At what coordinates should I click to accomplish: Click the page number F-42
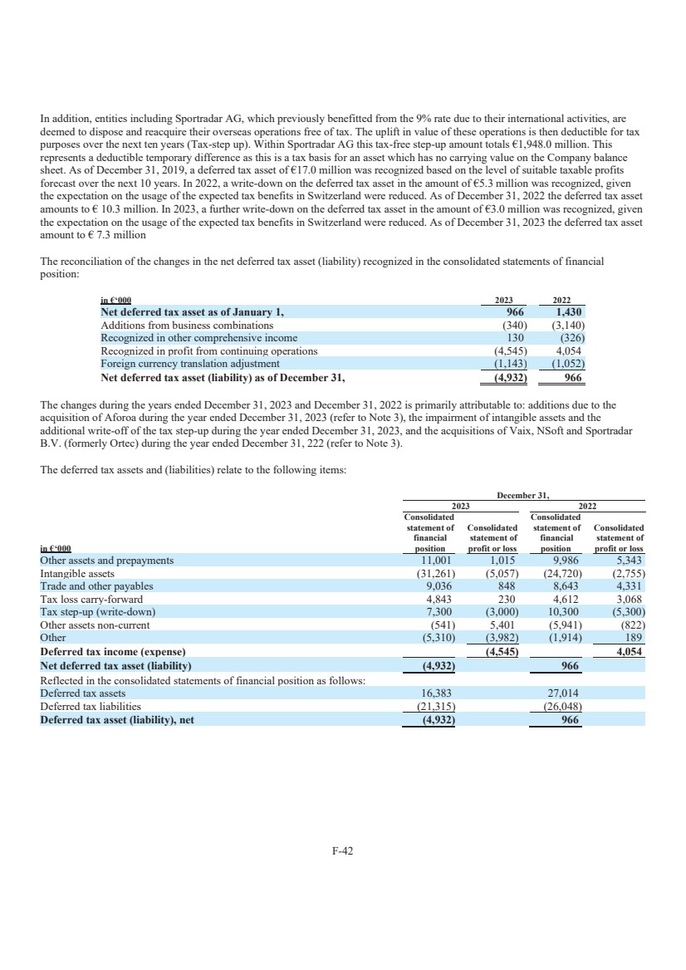(342, 850)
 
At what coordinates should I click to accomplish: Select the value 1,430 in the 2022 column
(571, 312)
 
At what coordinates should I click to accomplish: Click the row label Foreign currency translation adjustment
(190, 363)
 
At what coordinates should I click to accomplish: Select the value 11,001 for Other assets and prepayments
(433, 561)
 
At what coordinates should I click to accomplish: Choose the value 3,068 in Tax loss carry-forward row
(628, 599)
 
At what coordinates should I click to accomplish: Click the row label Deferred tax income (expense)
(112, 652)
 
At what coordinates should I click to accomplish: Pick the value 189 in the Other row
(635, 637)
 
